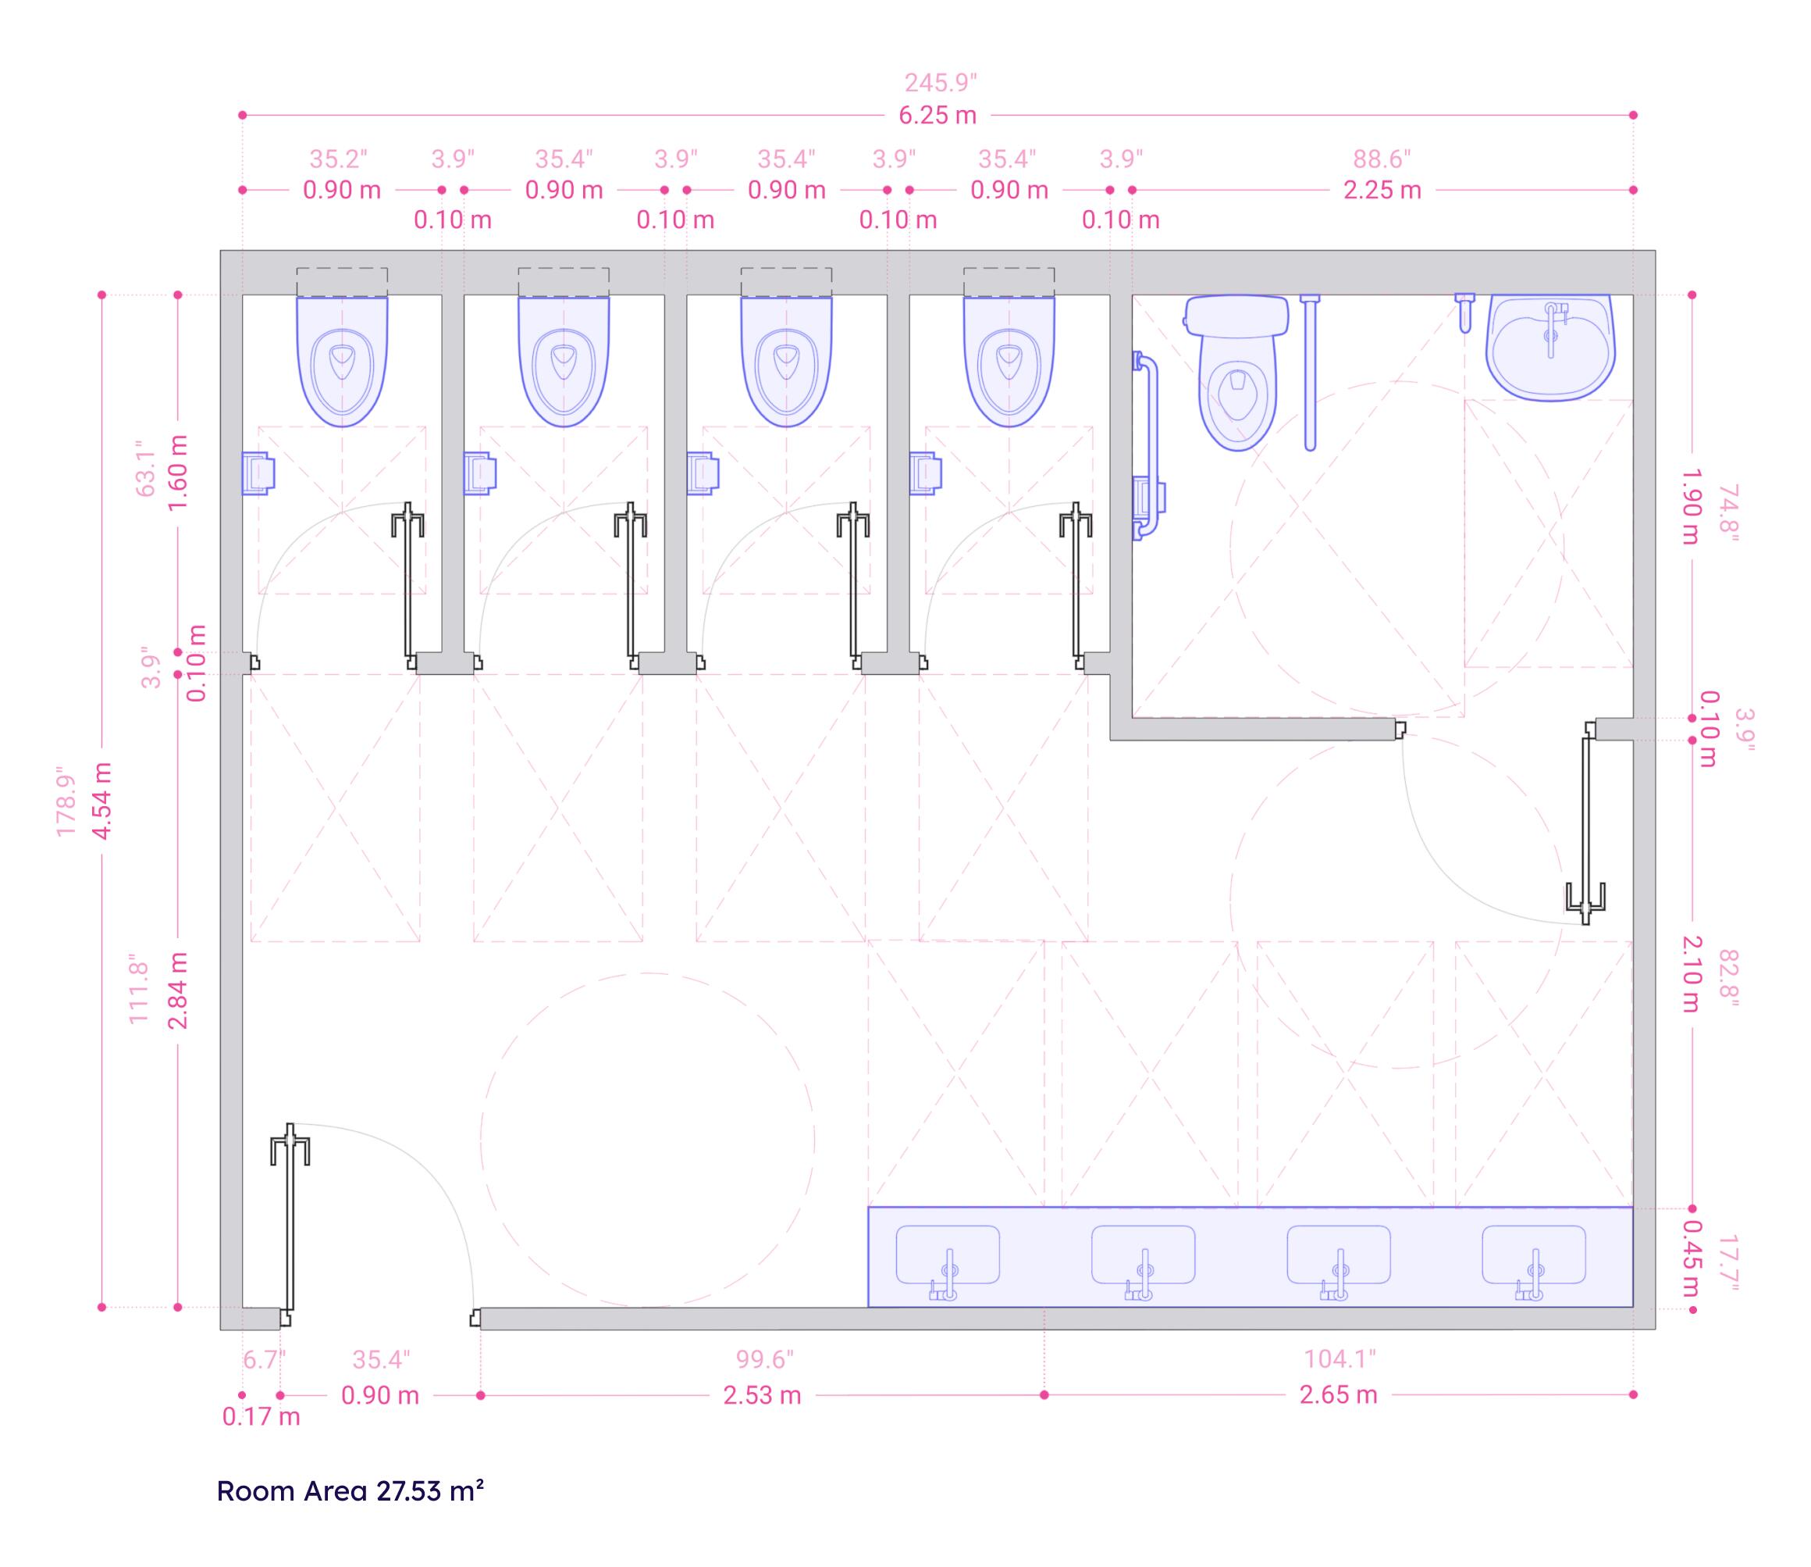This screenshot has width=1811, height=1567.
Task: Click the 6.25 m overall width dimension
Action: pos(937,116)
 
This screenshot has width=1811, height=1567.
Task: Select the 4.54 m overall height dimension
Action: pos(102,800)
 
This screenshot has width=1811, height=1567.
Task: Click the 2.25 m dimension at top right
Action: pos(1382,190)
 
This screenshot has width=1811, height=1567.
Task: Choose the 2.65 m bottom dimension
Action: pos(1338,1394)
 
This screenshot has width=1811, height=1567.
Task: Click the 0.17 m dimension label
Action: pos(261,1416)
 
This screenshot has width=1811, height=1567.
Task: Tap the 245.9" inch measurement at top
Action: pos(941,83)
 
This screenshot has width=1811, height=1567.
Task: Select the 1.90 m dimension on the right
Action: pos(1690,506)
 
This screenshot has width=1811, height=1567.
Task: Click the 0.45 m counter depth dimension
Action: pos(1690,1258)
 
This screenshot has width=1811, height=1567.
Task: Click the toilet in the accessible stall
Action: pos(1236,373)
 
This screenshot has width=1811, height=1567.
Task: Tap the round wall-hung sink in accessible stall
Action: pos(1550,347)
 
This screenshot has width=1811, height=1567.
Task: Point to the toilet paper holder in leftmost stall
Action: pos(258,473)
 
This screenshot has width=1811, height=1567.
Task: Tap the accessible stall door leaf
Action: pos(1585,822)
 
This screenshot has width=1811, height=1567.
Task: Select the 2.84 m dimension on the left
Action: pos(178,991)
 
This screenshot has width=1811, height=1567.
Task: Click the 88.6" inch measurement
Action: pos(1382,159)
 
